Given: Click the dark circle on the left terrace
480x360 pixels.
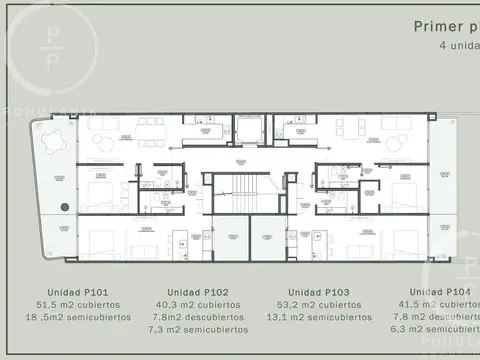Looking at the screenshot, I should [x=64, y=207].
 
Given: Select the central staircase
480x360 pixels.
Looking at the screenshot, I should [x=239, y=190].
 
